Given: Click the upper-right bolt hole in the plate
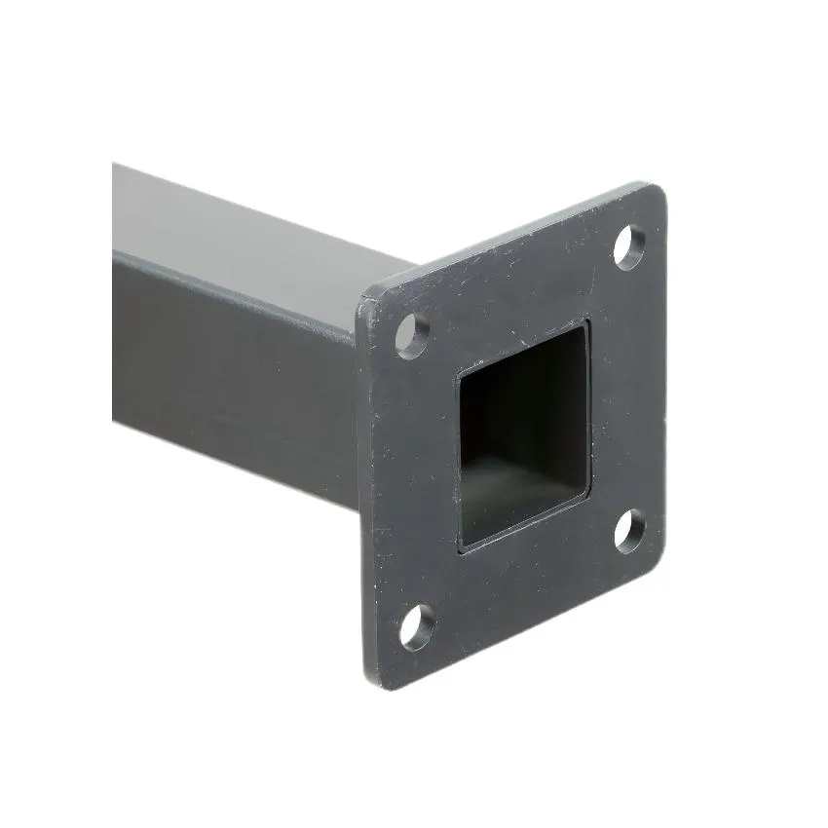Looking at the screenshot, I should point(629,246).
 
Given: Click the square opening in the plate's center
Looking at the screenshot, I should point(524,433).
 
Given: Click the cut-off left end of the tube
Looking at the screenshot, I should point(117,292).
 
